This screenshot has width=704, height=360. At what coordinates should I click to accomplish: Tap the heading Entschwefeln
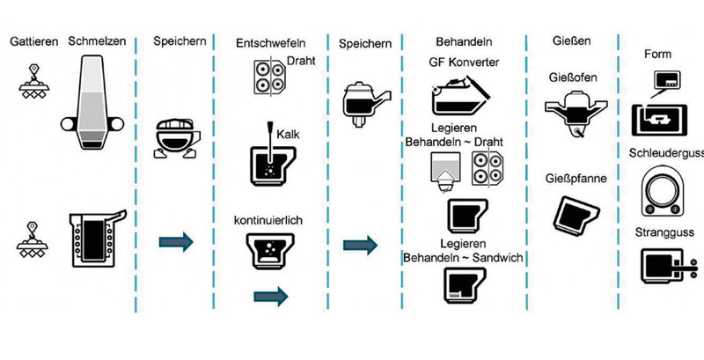click(271, 41)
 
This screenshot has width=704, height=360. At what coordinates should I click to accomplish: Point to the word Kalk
click(289, 132)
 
